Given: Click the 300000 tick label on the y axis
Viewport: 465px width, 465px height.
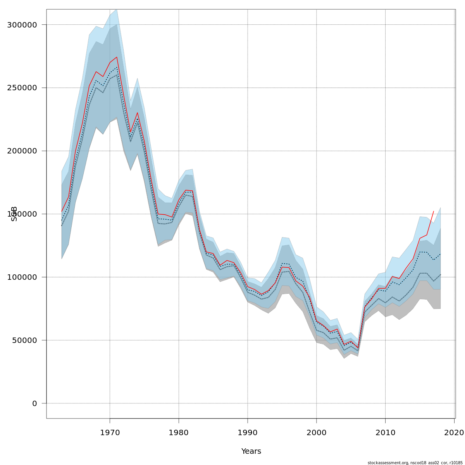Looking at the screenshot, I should point(22,25).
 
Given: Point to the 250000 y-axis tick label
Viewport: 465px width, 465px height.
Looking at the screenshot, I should point(22,88).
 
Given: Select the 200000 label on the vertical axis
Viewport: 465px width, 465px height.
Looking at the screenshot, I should point(22,151).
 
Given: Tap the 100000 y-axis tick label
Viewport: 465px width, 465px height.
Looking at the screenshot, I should point(22,277).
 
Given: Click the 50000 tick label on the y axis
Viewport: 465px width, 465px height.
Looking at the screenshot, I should point(24,340).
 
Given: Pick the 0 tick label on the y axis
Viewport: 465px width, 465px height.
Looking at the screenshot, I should point(34,403).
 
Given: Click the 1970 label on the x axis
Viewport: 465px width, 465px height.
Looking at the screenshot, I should point(110,432).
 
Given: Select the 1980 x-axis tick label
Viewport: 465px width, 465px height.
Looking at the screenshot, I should point(179,432).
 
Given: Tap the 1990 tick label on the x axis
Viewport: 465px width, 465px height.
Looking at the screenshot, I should point(248,432).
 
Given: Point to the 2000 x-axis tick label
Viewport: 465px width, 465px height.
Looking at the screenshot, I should point(317,432).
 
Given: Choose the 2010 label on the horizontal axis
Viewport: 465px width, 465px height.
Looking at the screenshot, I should point(386,432).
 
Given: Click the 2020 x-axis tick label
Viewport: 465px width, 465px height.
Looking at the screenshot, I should point(454,432).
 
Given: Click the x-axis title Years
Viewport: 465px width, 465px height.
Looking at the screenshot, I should point(251,451).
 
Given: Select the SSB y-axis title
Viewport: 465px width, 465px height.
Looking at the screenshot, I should point(14,214).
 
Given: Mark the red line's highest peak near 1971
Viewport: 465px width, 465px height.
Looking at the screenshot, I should point(117,57).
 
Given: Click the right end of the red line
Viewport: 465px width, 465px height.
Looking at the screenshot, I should point(434,211).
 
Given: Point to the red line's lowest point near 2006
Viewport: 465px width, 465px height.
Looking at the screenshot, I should point(358,348).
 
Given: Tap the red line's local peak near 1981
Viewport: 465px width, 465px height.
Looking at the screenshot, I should point(186,190).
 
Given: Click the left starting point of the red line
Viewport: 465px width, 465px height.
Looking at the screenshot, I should point(62,212).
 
